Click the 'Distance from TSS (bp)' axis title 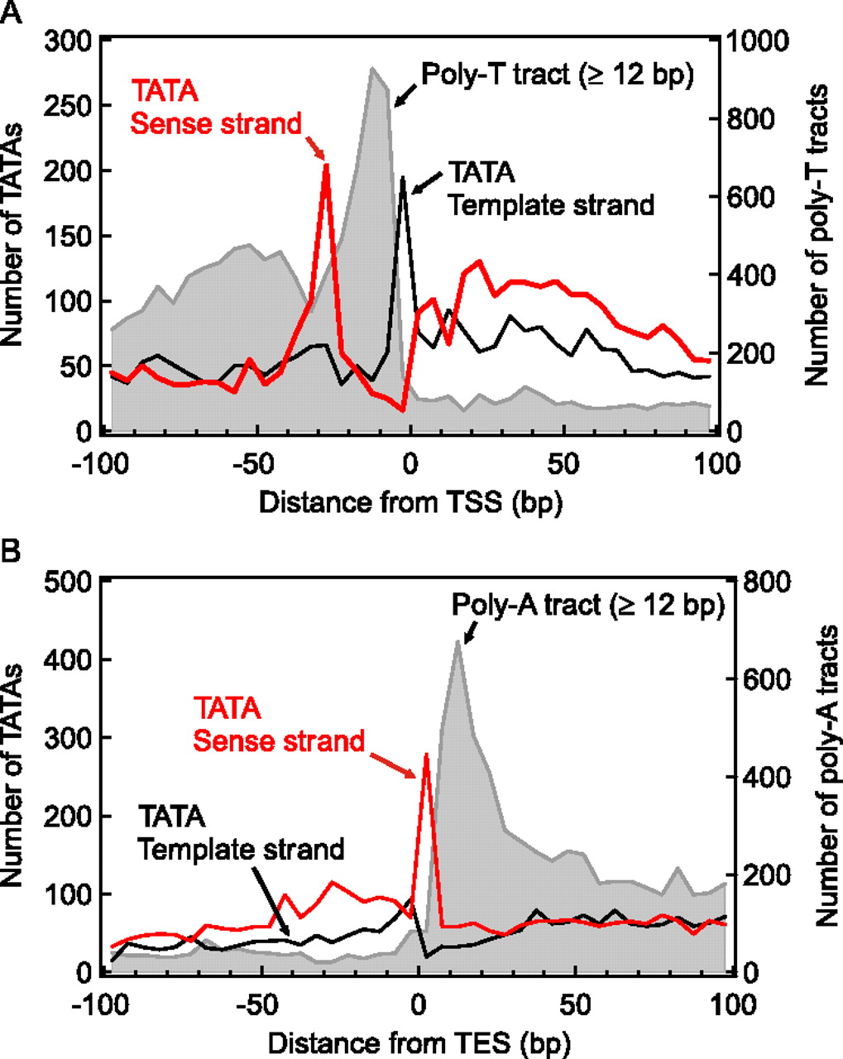tap(411, 502)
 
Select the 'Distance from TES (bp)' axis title tap(411, 1042)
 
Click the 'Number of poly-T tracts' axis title tap(817, 235)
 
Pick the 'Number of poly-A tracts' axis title tap(825, 775)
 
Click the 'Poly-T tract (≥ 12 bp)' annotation tap(558, 75)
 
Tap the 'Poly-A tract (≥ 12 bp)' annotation tap(588, 606)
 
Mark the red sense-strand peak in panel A tap(326, 166)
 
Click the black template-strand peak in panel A tap(403, 177)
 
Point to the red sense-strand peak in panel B tap(426, 755)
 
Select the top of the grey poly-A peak tap(458, 642)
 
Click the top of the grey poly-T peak tap(372, 69)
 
